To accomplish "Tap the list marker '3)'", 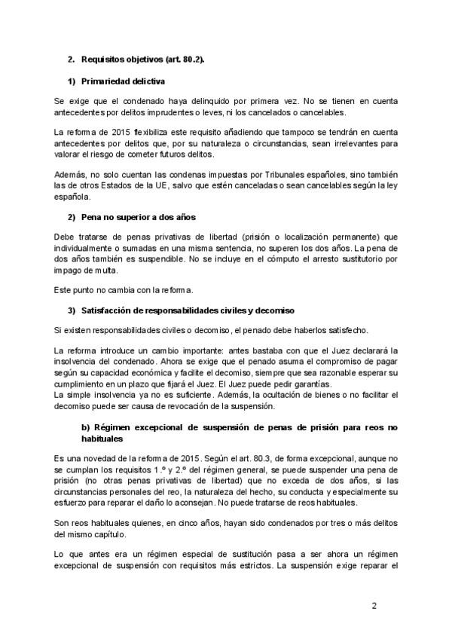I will point(72,310).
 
